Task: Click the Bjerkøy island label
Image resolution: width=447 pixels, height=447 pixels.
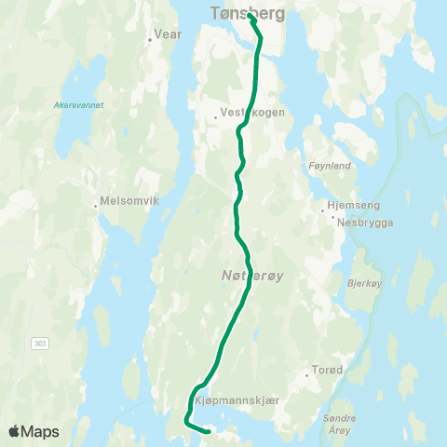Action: [x=364, y=280]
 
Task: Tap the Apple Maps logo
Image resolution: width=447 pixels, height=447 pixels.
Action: [x=34, y=431]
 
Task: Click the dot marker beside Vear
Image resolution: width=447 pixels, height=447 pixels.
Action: [x=150, y=40]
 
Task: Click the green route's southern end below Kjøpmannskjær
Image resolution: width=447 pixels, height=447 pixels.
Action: [x=208, y=430]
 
